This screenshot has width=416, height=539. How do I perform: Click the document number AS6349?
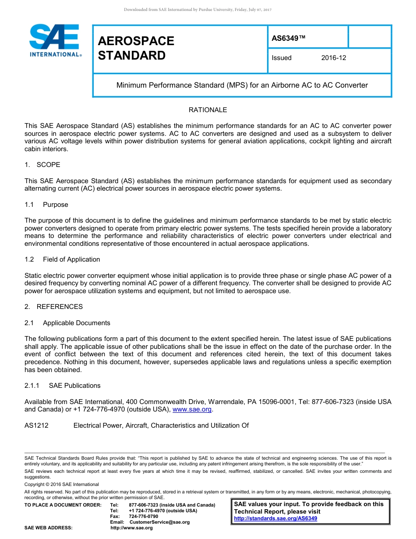(288, 38)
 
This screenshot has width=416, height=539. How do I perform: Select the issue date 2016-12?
(333, 58)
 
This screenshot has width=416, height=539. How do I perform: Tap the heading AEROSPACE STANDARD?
(136, 48)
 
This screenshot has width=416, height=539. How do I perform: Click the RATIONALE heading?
(208, 110)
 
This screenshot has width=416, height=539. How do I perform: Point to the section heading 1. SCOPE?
(42, 165)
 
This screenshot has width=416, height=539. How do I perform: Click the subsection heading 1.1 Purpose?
(46, 205)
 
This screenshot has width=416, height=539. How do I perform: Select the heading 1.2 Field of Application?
(62, 259)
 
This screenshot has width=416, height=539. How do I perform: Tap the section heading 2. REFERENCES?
(53, 307)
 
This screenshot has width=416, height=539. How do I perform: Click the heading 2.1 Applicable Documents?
(67, 323)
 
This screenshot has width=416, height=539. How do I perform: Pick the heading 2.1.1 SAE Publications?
(63, 386)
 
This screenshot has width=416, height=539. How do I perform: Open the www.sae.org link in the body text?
(192, 410)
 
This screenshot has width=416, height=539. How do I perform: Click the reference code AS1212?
(36, 426)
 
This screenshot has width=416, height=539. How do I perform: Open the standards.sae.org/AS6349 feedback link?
(275, 518)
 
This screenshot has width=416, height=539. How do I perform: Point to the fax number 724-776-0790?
(144, 517)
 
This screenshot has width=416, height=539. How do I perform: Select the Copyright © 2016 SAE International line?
(62, 484)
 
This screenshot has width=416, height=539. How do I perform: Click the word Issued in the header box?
(282, 58)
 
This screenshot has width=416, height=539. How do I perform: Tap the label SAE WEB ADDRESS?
(49, 528)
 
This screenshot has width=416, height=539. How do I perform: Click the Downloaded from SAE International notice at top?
(198, 10)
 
